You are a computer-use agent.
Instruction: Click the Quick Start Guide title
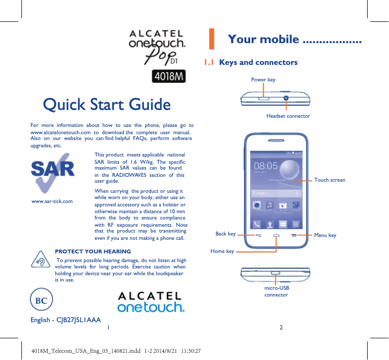107,104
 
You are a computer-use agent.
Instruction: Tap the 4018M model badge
169,77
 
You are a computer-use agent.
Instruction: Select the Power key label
263,79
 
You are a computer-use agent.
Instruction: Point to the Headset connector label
288,116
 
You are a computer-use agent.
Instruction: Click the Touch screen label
330,180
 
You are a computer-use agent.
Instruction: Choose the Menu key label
325,235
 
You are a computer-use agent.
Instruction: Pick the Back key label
226,234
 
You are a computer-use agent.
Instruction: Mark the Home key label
222,251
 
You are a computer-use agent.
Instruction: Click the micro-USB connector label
276,291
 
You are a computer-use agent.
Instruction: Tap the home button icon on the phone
276,235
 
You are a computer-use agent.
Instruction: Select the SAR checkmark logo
53,172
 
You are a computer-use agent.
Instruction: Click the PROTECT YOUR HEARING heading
93,251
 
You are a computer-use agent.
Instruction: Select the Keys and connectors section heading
258,63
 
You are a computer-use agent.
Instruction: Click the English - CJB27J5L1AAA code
65,320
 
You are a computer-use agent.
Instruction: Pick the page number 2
281,327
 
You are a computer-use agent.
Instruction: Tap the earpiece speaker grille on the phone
276,142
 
